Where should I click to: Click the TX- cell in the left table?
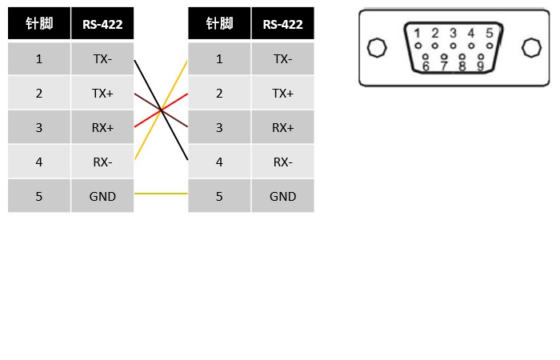(x=102, y=59)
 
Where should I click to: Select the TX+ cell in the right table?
(x=282, y=94)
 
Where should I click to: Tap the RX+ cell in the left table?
(x=102, y=128)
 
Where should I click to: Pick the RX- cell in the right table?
(x=282, y=162)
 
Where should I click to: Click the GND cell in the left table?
(x=102, y=197)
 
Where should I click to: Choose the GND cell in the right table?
(x=282, y=197)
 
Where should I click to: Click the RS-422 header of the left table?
(x=102, y=24)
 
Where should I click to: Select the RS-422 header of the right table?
(x=282, y=24)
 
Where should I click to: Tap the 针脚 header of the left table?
(x=39, y=24)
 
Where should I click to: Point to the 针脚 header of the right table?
(x=219, y=24)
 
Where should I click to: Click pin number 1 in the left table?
(x=39, y=59)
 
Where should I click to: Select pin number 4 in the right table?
(x=219, y=162)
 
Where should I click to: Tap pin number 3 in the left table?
(x=39, y=128)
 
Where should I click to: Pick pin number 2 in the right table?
(x=219, y=94)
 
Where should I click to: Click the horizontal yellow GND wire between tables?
(x=161, y=194)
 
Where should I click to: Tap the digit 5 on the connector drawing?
(x=489, y=34)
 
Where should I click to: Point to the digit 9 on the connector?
(x=480, y=66)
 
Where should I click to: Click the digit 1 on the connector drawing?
(x=417, y=34)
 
